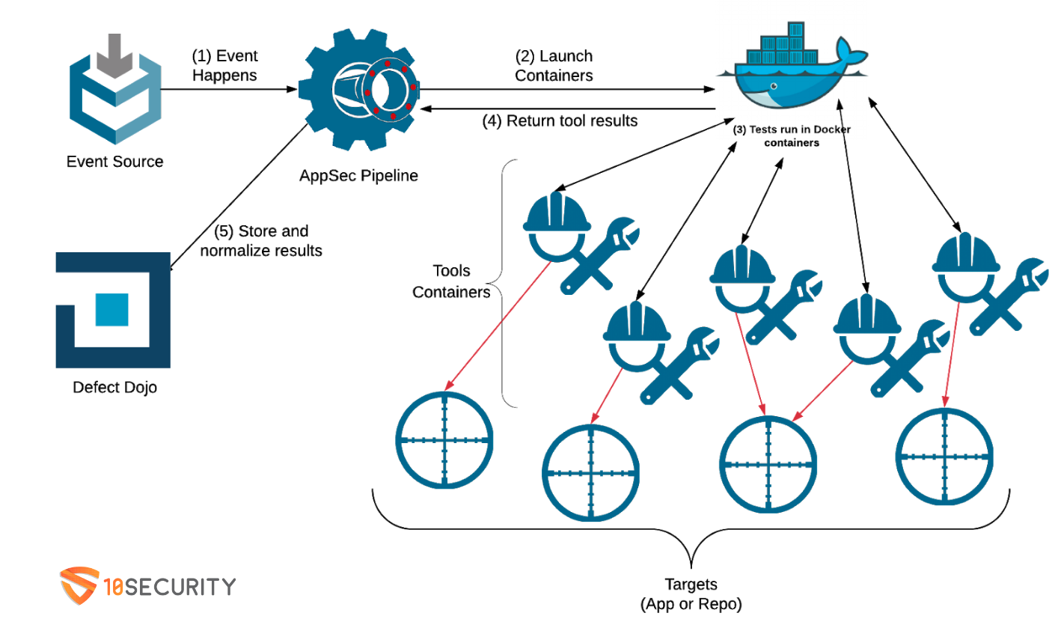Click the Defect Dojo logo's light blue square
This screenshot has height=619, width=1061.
112,309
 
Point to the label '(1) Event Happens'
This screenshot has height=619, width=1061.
224,65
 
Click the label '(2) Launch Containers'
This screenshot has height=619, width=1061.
554,66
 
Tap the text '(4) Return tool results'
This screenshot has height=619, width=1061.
560,120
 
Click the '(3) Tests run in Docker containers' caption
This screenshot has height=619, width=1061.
792,135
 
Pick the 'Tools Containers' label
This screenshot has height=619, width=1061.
451,281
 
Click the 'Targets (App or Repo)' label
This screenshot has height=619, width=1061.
692,594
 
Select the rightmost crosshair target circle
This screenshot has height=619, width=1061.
946,457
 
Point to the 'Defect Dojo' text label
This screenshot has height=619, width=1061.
114,388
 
